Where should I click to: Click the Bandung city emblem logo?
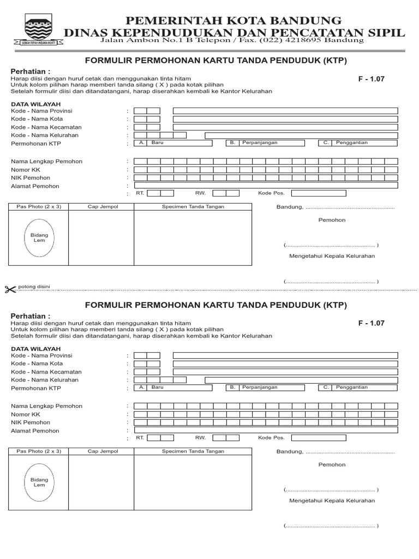39,29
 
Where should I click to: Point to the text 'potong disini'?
34,286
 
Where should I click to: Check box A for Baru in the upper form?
141,143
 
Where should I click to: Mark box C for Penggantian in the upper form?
326,143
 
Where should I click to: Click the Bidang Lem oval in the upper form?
39,238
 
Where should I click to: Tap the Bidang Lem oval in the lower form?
39,483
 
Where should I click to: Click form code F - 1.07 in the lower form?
371,323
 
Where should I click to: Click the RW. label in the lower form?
200,438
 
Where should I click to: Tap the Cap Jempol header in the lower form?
103,451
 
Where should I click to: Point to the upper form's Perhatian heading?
31,72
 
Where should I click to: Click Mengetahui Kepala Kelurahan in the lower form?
332,501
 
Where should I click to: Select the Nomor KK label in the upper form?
26,170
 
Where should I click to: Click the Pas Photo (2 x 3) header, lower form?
39,451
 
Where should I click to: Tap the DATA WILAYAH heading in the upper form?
36,104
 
